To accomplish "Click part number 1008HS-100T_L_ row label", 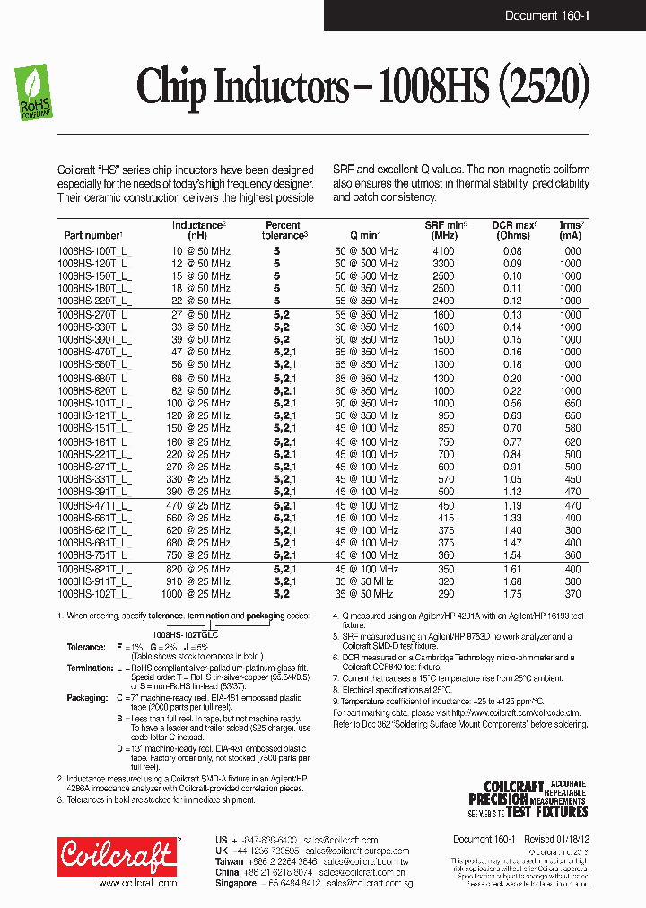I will click(93, 251).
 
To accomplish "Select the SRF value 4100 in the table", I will click(445, 251).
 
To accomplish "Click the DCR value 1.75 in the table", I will click(512, 594).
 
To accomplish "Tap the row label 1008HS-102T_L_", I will click(93, 594).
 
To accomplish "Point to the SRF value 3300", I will click(445, 264).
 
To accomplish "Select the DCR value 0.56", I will click(512, 404).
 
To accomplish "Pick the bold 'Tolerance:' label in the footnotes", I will click(87, 646).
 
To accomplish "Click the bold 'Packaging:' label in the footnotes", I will click(87, 695).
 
